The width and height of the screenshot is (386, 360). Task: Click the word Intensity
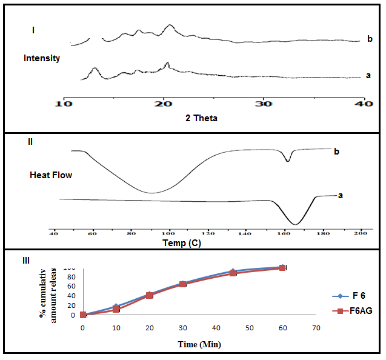(x=42, y=58)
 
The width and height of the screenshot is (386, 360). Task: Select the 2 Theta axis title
(x=201, y=118)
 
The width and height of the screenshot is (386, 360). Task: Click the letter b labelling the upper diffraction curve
(x=370, y=39)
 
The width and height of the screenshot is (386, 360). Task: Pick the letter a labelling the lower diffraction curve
(x=368, y=76)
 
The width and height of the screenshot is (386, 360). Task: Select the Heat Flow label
(x=51, y=175)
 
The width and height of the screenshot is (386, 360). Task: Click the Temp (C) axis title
(x=182, y=244)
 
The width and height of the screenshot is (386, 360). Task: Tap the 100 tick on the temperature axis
(x=168, y=233)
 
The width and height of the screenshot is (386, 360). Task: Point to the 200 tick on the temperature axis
(x=361, y=233)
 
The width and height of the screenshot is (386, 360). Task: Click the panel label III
(x=26, y=260)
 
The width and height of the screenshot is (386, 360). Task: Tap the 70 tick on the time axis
(x=316, y=327)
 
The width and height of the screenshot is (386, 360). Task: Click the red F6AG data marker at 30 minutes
(x=182, y=284)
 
